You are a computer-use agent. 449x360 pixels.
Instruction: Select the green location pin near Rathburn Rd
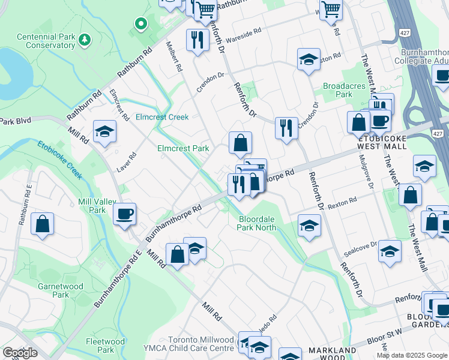(x=141, y=24)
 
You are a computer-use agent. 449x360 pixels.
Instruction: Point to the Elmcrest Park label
(x=183, y=148)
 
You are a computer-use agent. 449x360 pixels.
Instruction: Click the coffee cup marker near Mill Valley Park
(x=124, y=214)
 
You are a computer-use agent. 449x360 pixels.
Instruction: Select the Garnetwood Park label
(x=61, y=290)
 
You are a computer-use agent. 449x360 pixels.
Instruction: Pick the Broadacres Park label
(x=344, y=90)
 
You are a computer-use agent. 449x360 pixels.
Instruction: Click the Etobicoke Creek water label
(x=59, y=160)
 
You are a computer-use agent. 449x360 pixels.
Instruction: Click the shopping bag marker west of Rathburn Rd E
(x=42, y=224)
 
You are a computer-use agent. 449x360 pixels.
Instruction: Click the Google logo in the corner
(x=20, y=353)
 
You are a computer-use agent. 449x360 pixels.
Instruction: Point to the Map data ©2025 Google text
(x=411, y=355)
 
